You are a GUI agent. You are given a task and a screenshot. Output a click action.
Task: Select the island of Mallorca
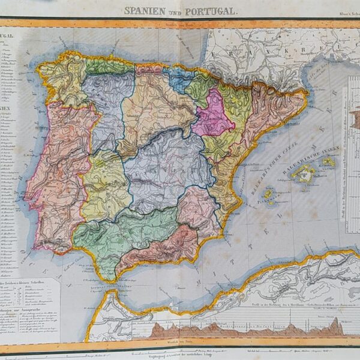pos(304,175)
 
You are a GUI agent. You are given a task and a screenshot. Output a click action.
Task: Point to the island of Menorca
pos(328,161)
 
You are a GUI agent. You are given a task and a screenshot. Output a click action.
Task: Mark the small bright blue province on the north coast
pos(178,79)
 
